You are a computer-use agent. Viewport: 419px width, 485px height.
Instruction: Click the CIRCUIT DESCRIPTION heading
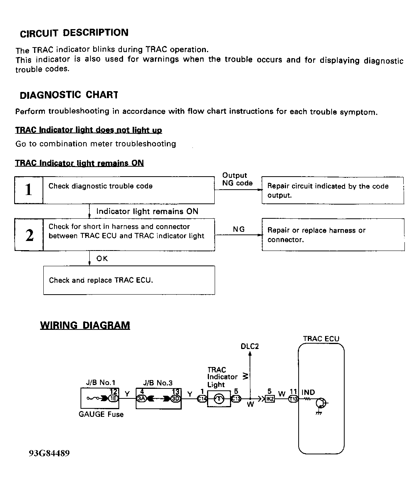click(74, 33)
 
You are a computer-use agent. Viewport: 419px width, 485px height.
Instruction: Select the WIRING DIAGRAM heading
click(85, 325)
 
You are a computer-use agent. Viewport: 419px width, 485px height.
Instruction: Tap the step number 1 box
click(29, 190)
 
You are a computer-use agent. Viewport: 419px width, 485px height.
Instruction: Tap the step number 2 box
click(29, 235)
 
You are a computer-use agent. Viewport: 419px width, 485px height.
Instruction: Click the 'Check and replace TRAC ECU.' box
click(129, 280)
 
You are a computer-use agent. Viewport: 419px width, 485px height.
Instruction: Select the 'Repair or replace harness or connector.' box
click(333, 235)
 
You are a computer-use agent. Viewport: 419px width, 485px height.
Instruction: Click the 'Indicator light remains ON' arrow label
click(147, 211)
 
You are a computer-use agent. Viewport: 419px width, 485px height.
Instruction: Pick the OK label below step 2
click(102, 259)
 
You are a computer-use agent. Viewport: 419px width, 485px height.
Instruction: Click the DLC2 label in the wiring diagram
click(250, 346)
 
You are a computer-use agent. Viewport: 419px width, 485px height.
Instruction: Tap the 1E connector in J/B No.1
click(113, 398)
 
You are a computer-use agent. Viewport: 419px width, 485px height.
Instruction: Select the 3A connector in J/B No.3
click(141, 398)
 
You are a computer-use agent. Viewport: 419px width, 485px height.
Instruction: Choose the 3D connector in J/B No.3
click(176, 398)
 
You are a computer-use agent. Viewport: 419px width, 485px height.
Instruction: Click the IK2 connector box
click(270, 399)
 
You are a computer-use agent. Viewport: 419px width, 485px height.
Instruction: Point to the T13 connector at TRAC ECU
click(293, 399)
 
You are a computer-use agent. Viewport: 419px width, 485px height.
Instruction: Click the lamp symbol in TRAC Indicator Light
click(219, 399)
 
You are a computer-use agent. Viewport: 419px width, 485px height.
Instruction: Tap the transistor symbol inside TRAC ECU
click(320, 403)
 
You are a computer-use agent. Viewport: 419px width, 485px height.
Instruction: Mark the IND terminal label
click(308, 392)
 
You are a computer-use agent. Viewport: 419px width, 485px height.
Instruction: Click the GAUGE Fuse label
click(101, 414)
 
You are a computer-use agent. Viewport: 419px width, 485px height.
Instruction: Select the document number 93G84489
click(49, 454)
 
